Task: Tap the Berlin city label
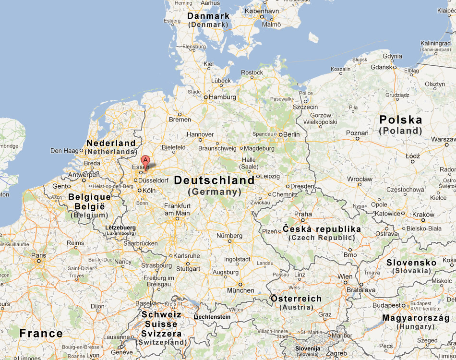click(x=292, y=134)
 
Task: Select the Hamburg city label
click(x=222, y=97)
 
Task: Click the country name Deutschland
click(x=214, y=180)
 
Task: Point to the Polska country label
click(x=401, y=120)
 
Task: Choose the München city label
click(x=240, y=290)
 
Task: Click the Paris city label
click(x=39, y=255)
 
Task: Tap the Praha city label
click(x=303, y=214)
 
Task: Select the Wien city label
click(x=345, y=276)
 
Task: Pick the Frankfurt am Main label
click(x=177, y=209)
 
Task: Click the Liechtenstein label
click(x=212, y=317)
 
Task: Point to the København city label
click(x=262, y=11)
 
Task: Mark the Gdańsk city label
click(x=382, y=67)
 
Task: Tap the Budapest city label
click(x=386, y=305)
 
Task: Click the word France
click(x=41, y=333)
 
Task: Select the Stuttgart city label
click(x=188, y=269)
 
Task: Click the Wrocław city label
click(x=360, y=179)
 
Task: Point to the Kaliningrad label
click(x=436, y=43)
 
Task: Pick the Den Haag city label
click(x=63, y=151)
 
